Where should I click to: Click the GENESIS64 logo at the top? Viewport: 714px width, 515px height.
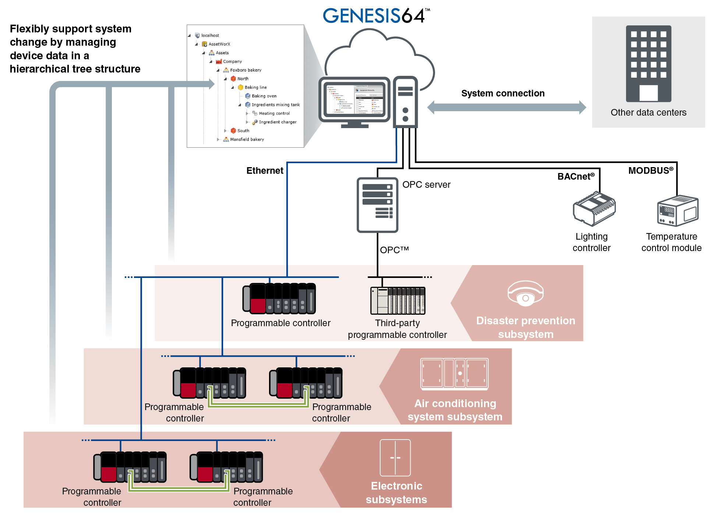pyautogui.click(x=375, y=16)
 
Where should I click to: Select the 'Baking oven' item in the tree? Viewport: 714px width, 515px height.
pyautogui.click(x=264, y=96)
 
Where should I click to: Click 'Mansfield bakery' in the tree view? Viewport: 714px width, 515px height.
pyautogui.click(x=247, y=140)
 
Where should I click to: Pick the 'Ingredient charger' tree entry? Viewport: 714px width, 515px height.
pyautogui.click(x=277, y=122)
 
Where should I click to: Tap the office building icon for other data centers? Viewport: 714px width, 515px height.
pyautogui.click(x=648, y=64)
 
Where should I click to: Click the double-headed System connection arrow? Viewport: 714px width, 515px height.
pyautogui.click(x=506, y=107)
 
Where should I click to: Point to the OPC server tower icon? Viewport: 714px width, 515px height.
pyautogui.click(x=377, y=205)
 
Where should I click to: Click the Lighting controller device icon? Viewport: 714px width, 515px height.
pyautogui.click(x=594, y=208)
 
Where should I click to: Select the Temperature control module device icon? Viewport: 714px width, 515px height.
pyautogui.click(x=678, y=211)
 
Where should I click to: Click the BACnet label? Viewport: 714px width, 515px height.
pyautogui.click(x=575, y=177)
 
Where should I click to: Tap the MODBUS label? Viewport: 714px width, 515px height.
pyautogui.click(x=650, y=171)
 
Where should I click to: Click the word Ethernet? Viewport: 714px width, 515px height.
pyautogui.click(x=265, y=171)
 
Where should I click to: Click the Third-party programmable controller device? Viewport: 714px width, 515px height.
pyautogui.click(x=397, y=301)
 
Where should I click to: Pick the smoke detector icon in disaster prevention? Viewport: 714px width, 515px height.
pyautogui.click(x=525, y=293)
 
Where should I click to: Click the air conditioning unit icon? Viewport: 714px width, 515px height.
pyautogui.click(x=454, y=374)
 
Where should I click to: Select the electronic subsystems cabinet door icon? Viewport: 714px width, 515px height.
pyautogui.click(x=395, y=458)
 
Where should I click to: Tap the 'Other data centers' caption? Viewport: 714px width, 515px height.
pyautogui.click(x=648, y=113)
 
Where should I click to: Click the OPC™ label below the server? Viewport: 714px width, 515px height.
pyautogui.click(x=394, y=250)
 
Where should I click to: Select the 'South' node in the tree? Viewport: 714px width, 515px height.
pyautogui.click(x=243, y=131)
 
